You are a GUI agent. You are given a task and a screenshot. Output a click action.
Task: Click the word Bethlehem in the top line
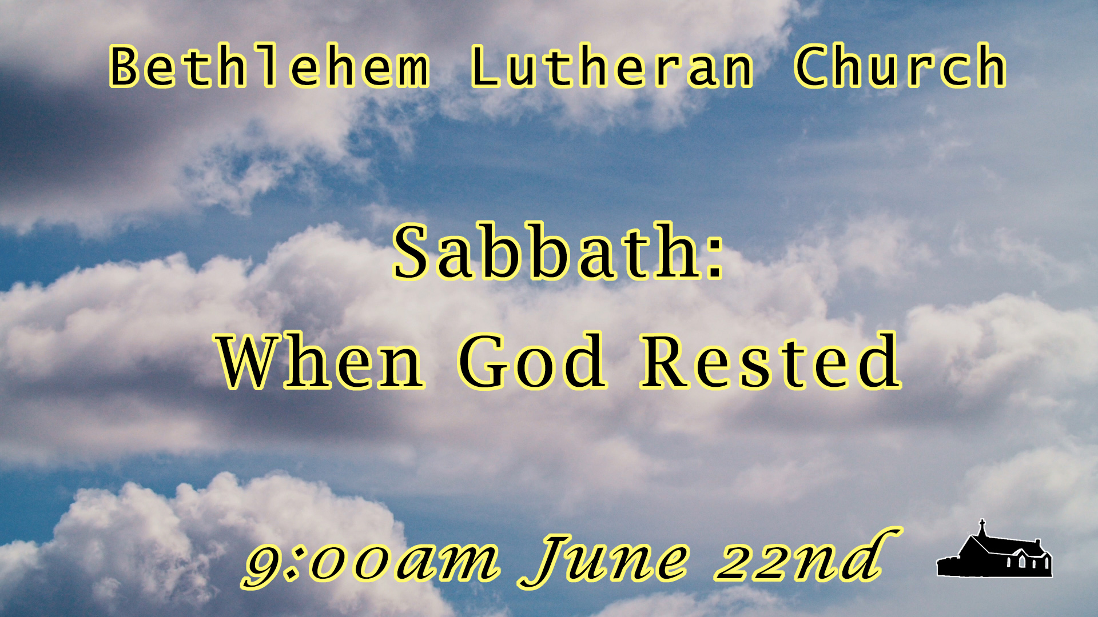[x=269, y=67]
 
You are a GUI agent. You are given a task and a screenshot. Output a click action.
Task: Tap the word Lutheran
[x=612, y=67]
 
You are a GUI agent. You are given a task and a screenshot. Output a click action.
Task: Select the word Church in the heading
[x=900, y=66]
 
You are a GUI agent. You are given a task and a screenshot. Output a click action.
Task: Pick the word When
[x=320, y=361]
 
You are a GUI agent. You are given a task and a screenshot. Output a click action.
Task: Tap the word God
[x=532, y=361]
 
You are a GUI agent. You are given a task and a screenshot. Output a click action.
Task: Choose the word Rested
[x=771, y=361]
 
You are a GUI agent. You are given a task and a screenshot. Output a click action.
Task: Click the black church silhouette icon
[x=994, y=550]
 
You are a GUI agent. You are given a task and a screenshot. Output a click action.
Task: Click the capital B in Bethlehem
[x=125, y=67]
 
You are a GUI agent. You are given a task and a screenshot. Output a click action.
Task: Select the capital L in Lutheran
[x=485, y=67]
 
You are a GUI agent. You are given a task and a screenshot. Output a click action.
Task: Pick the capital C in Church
[x=810, y=67]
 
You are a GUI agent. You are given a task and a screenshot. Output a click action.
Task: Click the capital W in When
[x=255, y=361]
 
